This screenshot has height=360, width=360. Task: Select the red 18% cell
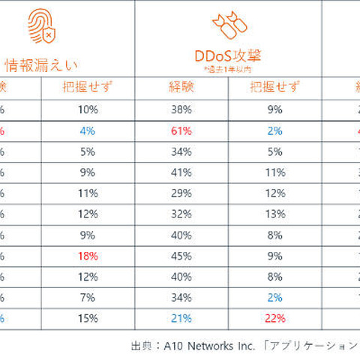point(88,256)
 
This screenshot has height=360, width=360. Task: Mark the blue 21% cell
point(181,316)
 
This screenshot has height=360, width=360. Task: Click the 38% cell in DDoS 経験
point(181,109)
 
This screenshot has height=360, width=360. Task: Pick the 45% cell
point(181,256)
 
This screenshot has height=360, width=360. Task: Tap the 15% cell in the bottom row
point(88,316)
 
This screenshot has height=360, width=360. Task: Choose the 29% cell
point(181,193)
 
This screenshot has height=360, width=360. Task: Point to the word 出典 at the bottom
point(142,346)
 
